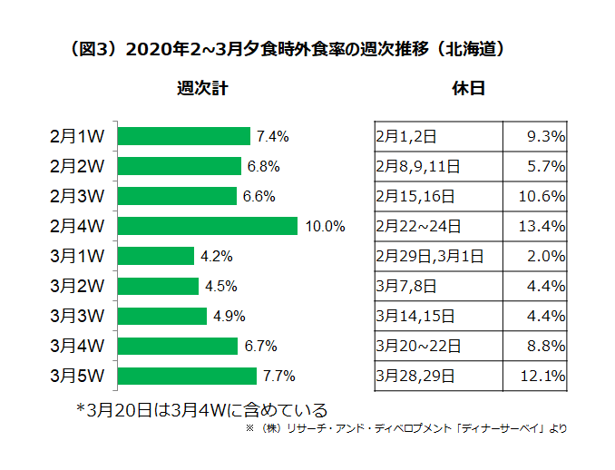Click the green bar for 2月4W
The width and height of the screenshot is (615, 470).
208,226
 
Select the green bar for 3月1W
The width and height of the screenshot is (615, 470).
156,256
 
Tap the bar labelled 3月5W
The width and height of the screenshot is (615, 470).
188,376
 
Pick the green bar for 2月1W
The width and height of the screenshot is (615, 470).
184,136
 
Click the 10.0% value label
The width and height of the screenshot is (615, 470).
326,227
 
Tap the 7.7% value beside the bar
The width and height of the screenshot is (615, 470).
278,377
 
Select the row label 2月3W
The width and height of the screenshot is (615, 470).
79,196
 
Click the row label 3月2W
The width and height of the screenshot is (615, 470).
79,286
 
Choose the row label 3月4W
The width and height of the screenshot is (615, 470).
79,346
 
